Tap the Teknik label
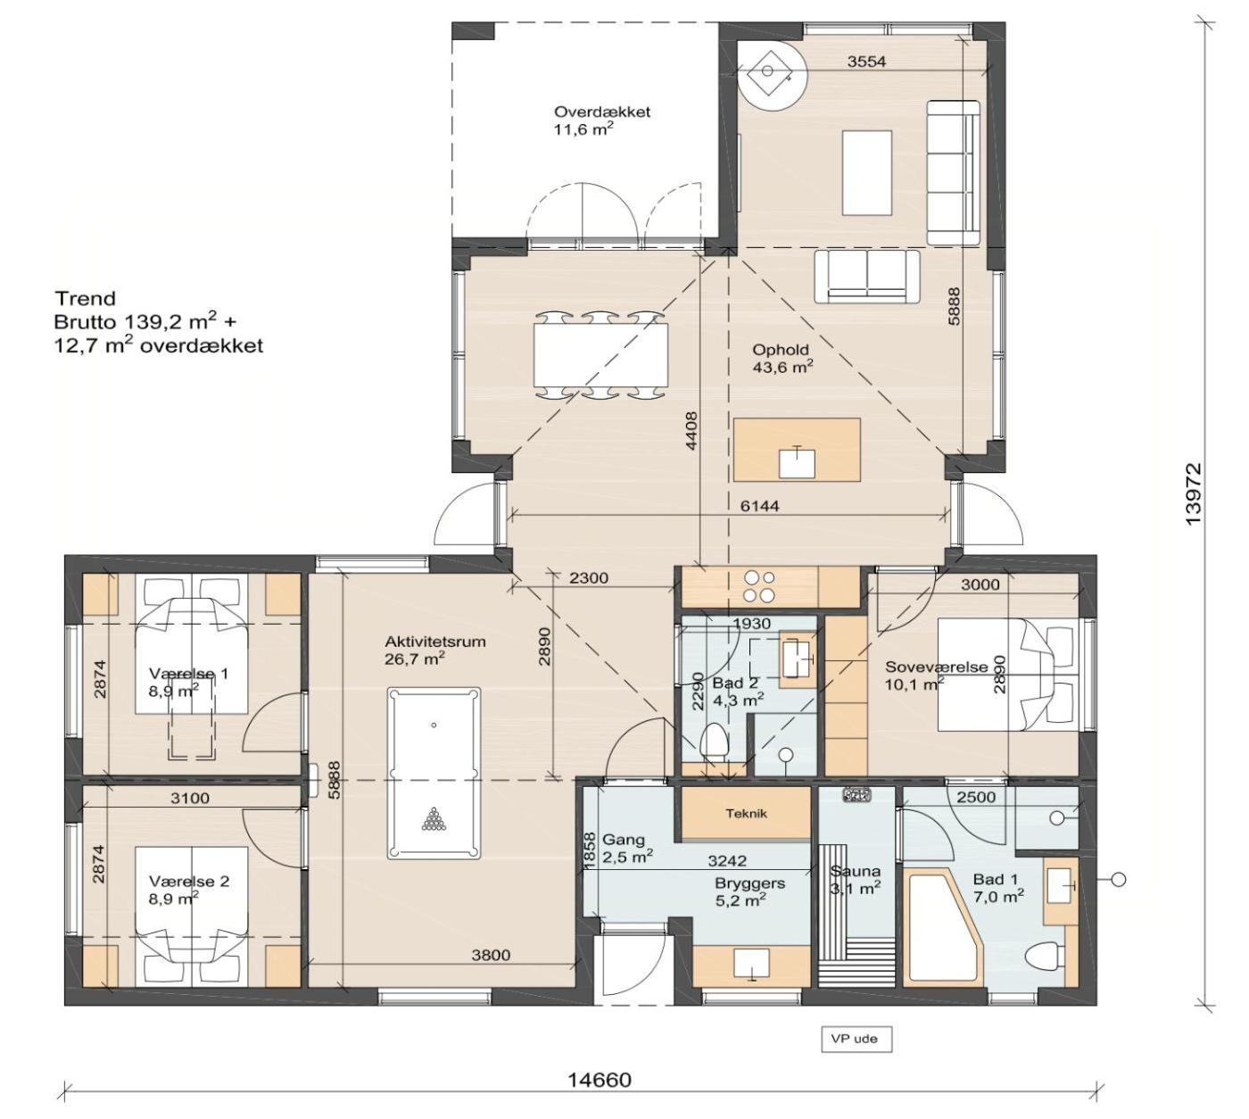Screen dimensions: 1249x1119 pyautogui.click(x=746, y=813)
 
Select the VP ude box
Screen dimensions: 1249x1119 pyautogui.click(x=856, y=1039)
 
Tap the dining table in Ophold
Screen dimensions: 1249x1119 pyautogui.click(x=600, y=354)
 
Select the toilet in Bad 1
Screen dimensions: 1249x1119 pyautogui.click(x=1045, y=957)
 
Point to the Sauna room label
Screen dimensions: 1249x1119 pyautogui.click(x=855, y=872)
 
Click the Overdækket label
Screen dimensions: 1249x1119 pyautogui.click(x=602, y=112)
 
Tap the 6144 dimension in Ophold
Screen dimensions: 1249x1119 pyautogui.click(x=759, y=506)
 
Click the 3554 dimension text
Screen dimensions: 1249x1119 pyautogui.click(x=866, y=61)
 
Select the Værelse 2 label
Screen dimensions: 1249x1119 pyautogui.click(x=189, y=881)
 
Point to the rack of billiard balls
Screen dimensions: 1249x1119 pyautogui.click(x=434, y=818)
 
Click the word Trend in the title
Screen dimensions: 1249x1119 pyautogui.click(x=86, y=298)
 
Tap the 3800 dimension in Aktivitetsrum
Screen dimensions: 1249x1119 pyautogui.click(x=491, y=955)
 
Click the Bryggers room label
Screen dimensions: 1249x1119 pyautogui.click(x=749, y=883)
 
